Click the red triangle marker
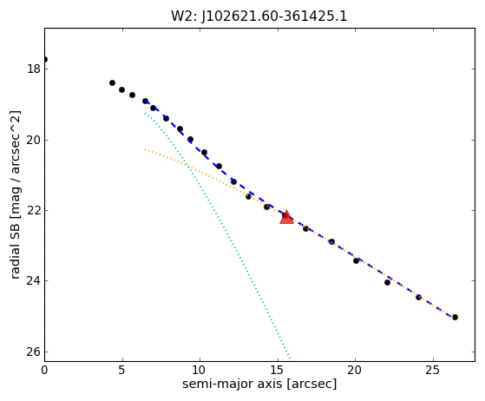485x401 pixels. [x=286, y=217]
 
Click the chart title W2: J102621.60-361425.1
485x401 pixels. [x=259, y=16]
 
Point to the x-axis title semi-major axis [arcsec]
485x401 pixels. [x=259, y=384]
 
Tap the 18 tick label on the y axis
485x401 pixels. [x=34, y=69]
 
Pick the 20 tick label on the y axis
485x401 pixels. [x=34, y=140]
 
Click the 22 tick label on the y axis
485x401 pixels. [x=34, y=210]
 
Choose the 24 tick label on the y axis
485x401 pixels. [x=34, y=281]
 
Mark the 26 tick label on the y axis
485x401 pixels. [x=34, y=352]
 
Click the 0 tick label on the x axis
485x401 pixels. [x=44, y=370]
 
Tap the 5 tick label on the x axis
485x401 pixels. [x=122, y=370]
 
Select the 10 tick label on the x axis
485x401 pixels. [x=200, y=370]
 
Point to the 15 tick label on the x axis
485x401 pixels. [x=278, y=370]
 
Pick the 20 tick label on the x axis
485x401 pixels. [x=355, y=370]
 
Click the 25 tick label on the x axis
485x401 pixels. [x=432, y=370]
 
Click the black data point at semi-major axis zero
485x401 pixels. [x=45, y=59]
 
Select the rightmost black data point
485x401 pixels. [x=455, y=317]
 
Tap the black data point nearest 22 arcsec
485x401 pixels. [x=387, y=282]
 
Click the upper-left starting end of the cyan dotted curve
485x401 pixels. [x=144, y=113]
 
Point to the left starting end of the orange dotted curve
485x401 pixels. [x=145, y=149]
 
